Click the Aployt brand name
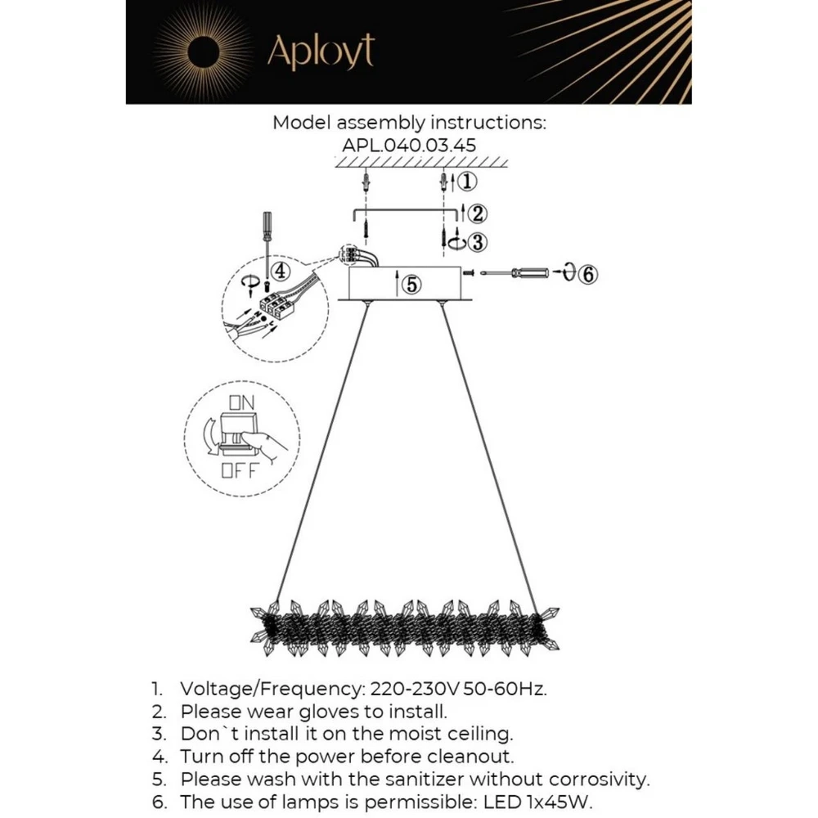321,52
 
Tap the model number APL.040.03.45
409,145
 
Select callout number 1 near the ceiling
465,180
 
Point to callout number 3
478,242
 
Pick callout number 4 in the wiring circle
280,271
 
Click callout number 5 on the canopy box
412,285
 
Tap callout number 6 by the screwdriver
588,274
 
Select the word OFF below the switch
240,470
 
